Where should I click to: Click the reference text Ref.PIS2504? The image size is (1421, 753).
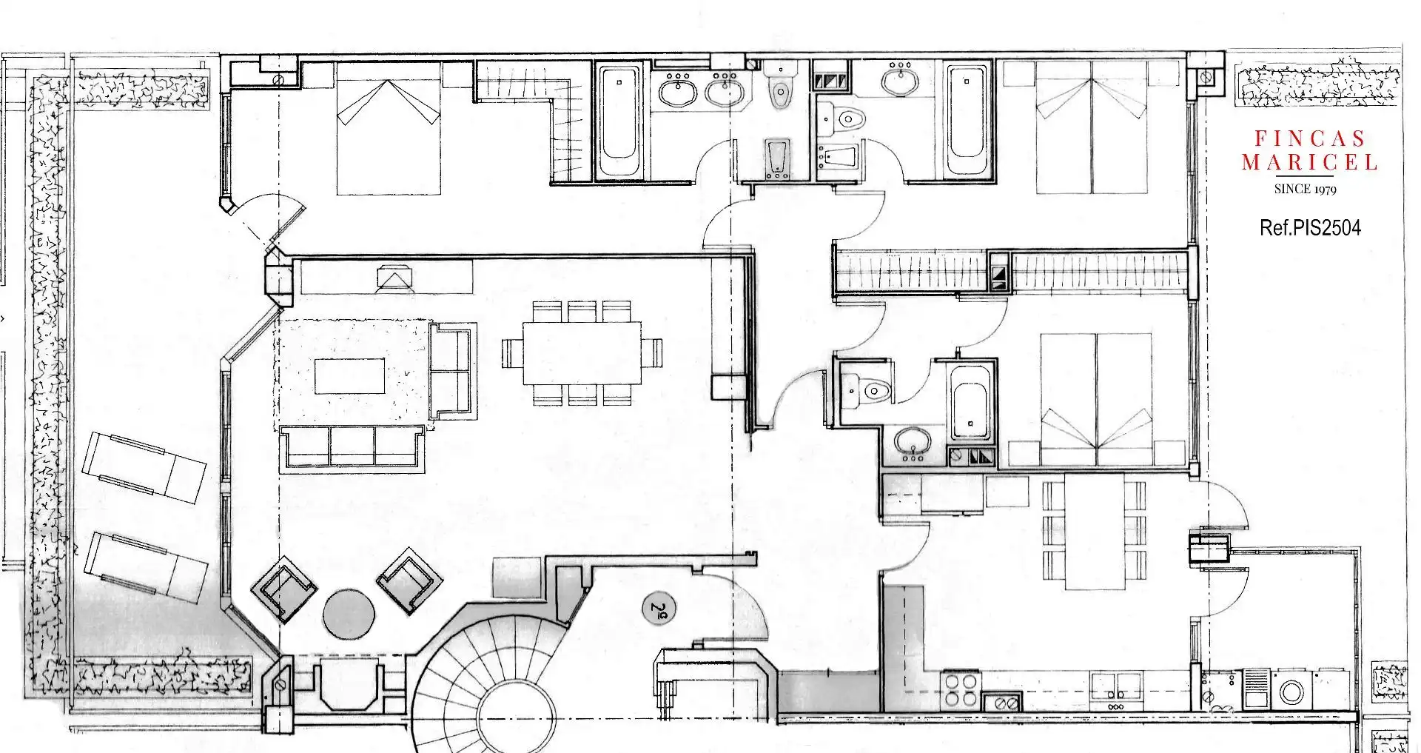click(x=1310, y=227)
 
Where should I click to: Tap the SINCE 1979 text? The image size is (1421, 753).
click(x=1306, y=189)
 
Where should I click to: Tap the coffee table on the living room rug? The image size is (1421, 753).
click(x=349, y=376)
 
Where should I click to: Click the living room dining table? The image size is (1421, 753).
click(x=582, y=352)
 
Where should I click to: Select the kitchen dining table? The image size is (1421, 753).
click(x=1095, y=532)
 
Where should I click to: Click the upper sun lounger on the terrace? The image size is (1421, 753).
click(x=144, y=468)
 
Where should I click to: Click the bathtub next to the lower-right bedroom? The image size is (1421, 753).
click(x=970, y=402)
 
